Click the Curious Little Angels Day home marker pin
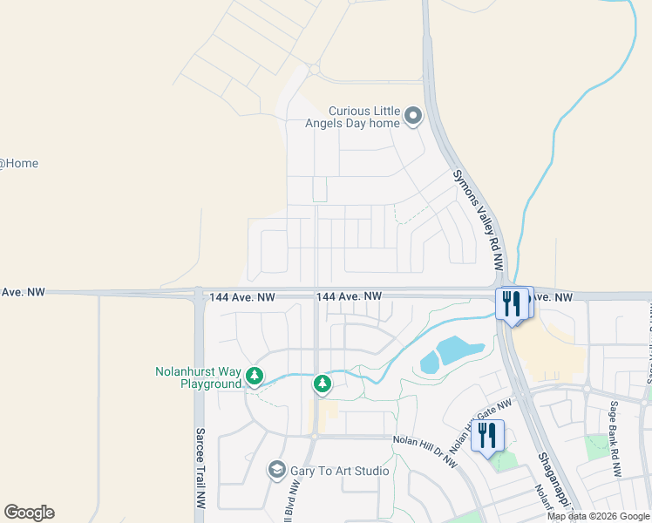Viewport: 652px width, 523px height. [x=413, y=114]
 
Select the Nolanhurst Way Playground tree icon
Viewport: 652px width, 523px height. [x=254, y=377]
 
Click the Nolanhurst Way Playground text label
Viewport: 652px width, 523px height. [x=199, y=377]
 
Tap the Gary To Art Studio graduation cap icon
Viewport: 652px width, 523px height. [x=277, y=471]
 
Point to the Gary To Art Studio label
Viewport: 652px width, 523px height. [x=341, y=471]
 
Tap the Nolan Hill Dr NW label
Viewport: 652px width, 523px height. [x=424, y=452]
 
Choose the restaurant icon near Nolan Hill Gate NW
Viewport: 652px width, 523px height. [x=487, y=433]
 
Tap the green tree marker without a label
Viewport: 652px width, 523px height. [x=322, y=383]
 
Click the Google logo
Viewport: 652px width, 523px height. [x=29, y=513]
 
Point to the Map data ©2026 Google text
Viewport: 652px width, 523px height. [x=598, y=516]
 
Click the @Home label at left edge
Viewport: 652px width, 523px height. [x=18, y=163]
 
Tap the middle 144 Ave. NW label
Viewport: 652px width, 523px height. [x=349, y=297]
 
